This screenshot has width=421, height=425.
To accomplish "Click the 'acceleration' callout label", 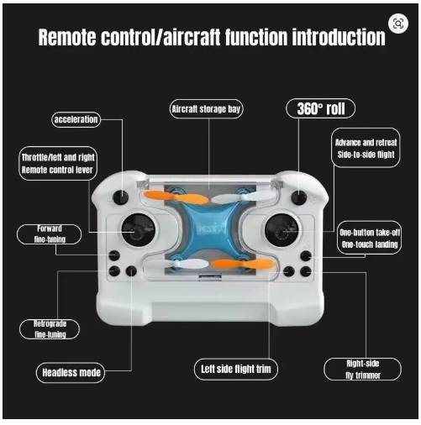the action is coord(76,119).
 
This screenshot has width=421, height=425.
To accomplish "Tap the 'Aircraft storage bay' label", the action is coord(206,109).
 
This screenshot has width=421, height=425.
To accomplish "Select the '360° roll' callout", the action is coord(320,108).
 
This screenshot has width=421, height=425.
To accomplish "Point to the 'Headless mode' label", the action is coord(71,372).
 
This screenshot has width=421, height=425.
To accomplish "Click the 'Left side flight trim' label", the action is coord(236,369).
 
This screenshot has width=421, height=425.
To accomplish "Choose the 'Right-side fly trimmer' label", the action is coord(362,370).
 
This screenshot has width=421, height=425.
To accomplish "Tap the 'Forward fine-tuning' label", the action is coord(50,234).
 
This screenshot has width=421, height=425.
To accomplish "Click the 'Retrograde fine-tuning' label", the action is coord(50,329).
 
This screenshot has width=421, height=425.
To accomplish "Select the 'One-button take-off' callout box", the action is coord(370,238).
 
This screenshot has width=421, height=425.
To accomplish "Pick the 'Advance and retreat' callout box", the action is coord(366,148).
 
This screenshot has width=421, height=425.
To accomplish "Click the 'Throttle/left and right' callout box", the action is coord(58,164).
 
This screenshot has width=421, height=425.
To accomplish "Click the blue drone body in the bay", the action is coord(209,228).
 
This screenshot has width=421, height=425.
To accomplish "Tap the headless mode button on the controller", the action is coord(131,271).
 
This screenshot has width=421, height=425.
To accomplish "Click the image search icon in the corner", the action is coord(398,24).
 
